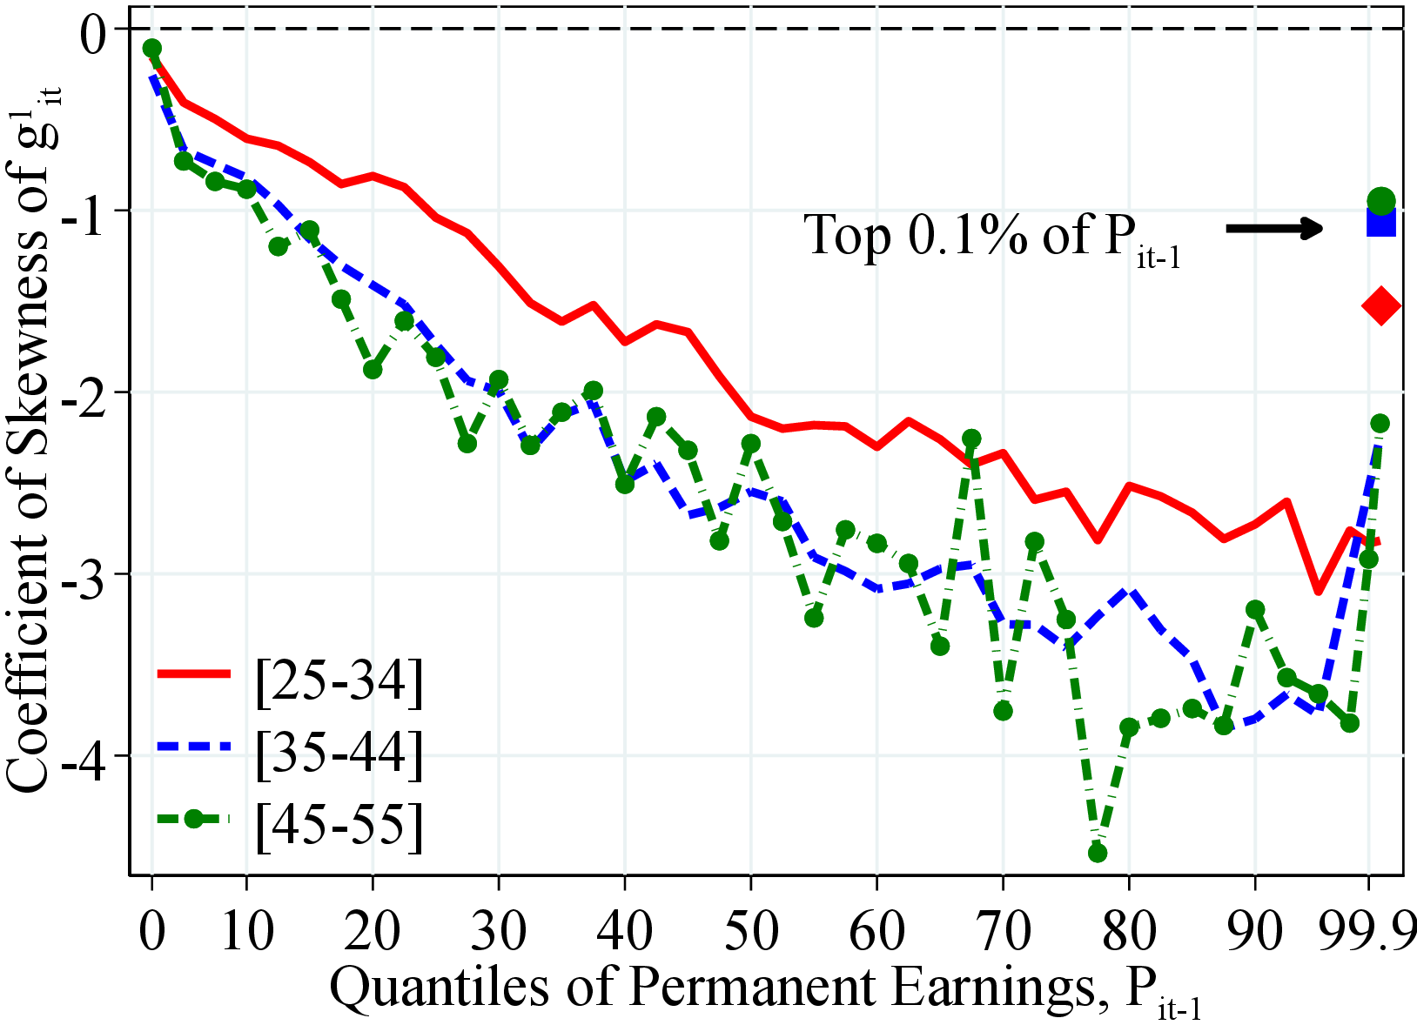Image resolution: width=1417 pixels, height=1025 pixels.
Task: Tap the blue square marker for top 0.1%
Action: [x=1381, y=223]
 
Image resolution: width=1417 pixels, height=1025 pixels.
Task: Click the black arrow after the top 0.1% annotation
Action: [x=1274, y=229]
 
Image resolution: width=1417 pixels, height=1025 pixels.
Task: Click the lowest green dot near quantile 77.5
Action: [x=1098, y=853]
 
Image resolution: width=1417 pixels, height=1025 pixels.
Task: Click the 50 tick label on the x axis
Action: [x=750, y=930]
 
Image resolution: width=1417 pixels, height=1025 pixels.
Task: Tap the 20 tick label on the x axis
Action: [x=373, y=930]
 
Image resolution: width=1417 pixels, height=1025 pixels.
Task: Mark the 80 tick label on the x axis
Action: [x=1129, y=930]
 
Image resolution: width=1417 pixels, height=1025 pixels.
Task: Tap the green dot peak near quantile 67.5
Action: [x=971, y=439]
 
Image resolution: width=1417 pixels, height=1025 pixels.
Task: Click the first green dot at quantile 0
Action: [x=152, y=48]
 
